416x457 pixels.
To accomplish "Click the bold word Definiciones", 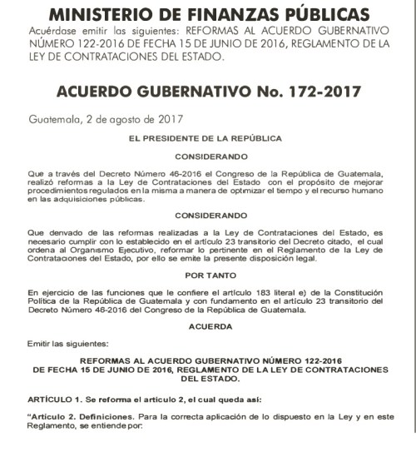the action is point(107,418).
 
